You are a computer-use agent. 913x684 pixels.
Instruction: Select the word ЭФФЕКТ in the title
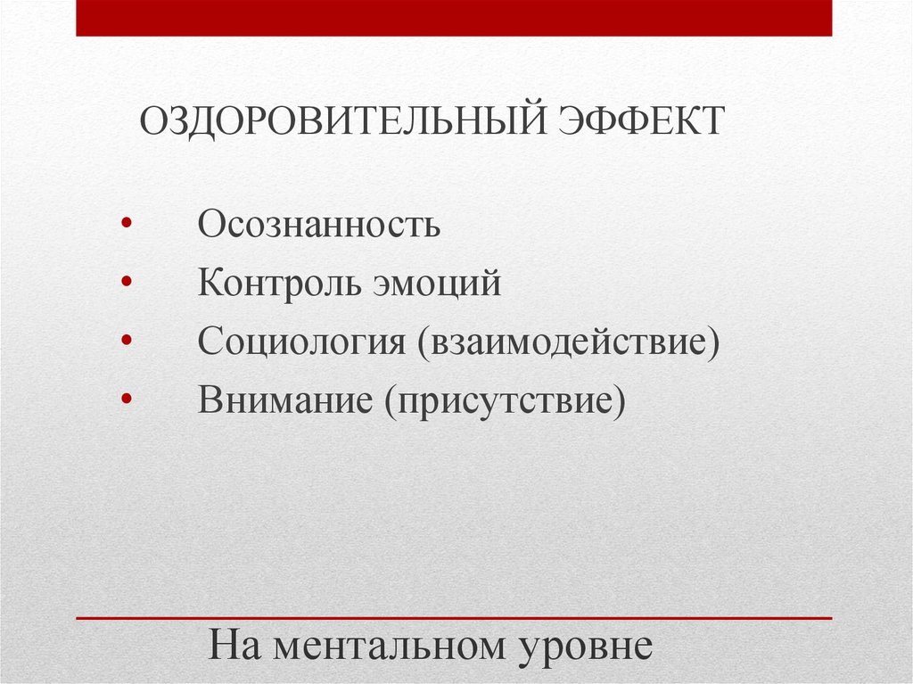point(642,120)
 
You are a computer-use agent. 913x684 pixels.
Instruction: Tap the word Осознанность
point(319,225)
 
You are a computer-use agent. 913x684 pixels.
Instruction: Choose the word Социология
point(301,342)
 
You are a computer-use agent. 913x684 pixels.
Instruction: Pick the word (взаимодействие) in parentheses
point(565,342)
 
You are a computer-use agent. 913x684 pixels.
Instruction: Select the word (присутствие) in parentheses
point(506,400)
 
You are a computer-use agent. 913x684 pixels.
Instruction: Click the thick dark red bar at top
point(454,18)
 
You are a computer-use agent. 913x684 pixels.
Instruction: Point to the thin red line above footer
point(454,618)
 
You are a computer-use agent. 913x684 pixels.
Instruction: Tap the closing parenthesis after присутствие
point(620,401)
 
